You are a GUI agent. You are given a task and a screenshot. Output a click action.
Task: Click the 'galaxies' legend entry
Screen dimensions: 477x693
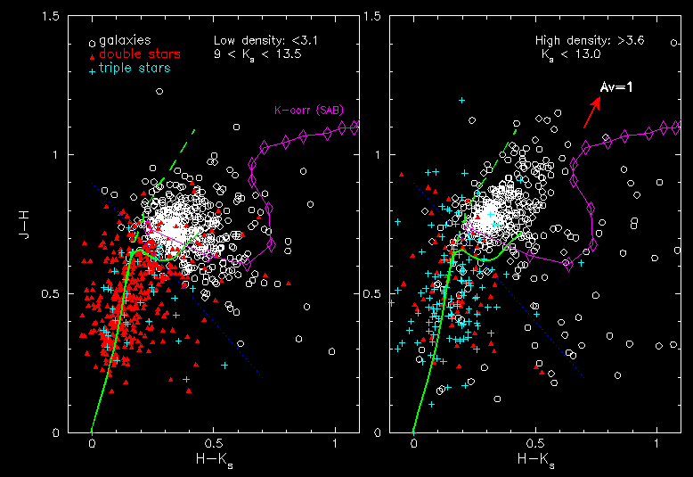pyautogui.click(x=125, y=40)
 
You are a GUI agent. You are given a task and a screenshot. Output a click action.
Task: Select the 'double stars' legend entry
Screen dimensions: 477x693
pyautogui.click(x=133, y=54)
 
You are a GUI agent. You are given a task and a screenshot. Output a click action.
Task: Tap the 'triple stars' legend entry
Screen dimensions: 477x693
pyautogui.click(x=135, y=68)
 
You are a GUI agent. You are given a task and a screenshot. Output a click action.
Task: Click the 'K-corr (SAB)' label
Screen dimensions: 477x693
pyautogui.click(x=309, y=111)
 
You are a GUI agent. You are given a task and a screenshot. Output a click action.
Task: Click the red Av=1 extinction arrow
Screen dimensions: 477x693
pyautogui.click(x=591, y=112)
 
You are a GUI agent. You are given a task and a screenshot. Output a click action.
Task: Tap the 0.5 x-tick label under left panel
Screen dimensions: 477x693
pyautogui.click(x=214, y=443)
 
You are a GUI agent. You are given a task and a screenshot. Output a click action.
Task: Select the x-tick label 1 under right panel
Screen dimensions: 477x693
pyautogui.click(x=656, y=443)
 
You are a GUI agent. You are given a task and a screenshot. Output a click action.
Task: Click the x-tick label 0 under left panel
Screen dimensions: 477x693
pyautogui.click(x=92, y=443)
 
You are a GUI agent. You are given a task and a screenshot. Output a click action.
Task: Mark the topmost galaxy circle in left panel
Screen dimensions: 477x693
pyautogui.click(x=159, y=92)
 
